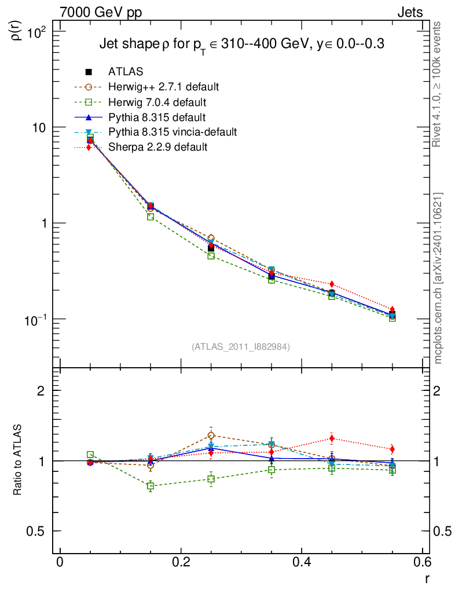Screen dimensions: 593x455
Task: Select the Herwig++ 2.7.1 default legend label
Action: pos(163,87)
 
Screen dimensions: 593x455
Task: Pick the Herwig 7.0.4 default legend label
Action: pos(157,102)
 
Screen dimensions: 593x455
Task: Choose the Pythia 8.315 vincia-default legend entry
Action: pos(173,132)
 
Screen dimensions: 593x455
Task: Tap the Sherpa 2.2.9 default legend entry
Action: pos(157,147)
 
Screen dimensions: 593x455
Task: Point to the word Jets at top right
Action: pos(409,13)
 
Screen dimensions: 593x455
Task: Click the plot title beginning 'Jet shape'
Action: pos(243,44)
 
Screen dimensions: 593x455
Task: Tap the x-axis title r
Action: pos(427,579)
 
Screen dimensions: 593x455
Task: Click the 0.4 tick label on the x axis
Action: pos(302,562)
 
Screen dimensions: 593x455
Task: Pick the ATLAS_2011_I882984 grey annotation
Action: pos(241,346)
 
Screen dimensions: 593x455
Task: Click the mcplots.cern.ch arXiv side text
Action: pos(438,278)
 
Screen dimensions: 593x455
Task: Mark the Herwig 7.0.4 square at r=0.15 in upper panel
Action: pos(151,217)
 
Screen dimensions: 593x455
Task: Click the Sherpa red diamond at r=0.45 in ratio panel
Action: pos(332,438)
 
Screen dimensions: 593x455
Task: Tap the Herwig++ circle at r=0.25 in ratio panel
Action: pos(211,435)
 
